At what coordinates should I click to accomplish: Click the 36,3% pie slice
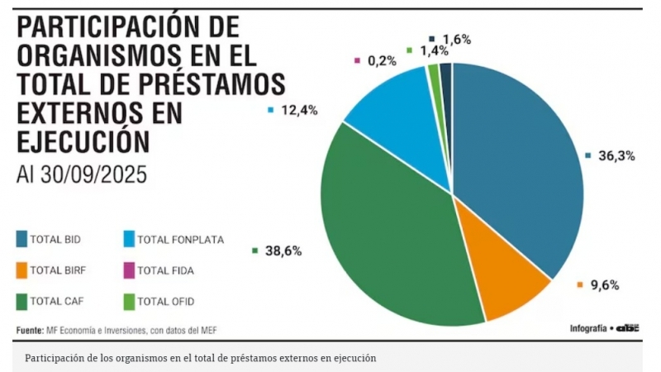[x=516, y=165]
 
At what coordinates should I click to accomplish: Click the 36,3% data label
[x=615, y=155]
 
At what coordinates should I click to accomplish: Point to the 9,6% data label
[x=604, y=285]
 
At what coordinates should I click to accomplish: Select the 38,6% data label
[x=282, y=250]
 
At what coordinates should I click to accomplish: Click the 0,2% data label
[x=381, y=60]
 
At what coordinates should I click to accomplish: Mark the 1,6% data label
[x=456, y=39]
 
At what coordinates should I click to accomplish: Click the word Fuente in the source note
[x=30, y=331]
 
